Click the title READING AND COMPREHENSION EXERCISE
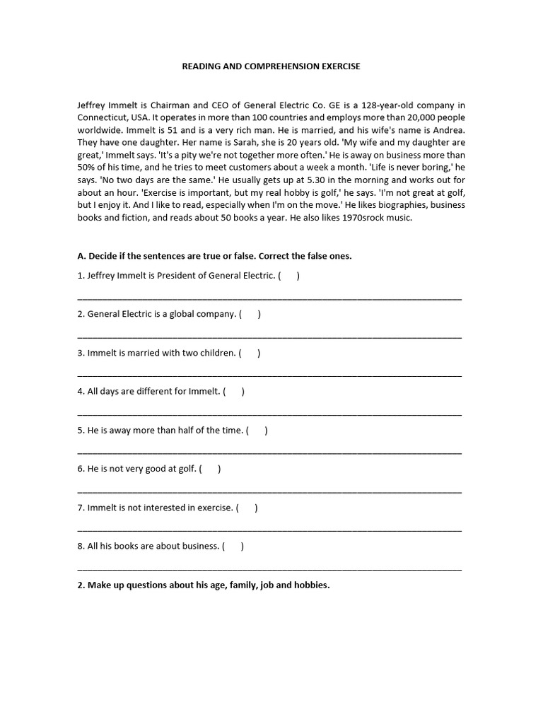click(x=271, y=66)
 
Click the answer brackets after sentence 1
click(x=288, y=276)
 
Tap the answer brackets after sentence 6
click(x=210, y=469)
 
